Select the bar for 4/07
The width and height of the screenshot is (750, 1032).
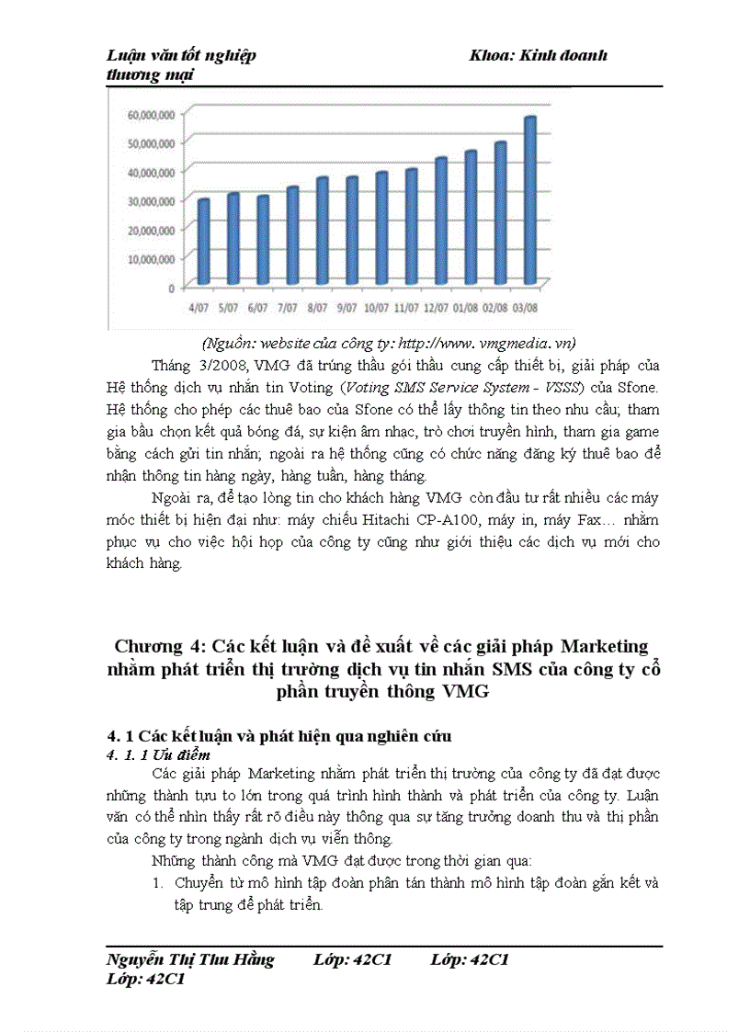click(x=203, y=241)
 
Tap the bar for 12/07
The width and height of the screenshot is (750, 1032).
click(x=441, y=221)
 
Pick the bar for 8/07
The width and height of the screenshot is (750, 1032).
click(x=322, y=230)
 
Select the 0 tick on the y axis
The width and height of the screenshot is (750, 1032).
click(x=170, y=287)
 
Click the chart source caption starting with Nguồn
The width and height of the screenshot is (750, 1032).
click(x=388, y=342)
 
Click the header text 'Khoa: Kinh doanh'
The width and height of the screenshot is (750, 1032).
click(x=538, y=55)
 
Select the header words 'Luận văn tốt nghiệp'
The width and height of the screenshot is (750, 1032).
click(x=181, y=55)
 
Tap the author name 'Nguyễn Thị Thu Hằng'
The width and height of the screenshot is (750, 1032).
click(x=190, y=959)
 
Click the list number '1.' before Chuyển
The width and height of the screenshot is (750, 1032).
click(x=159, y=883)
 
